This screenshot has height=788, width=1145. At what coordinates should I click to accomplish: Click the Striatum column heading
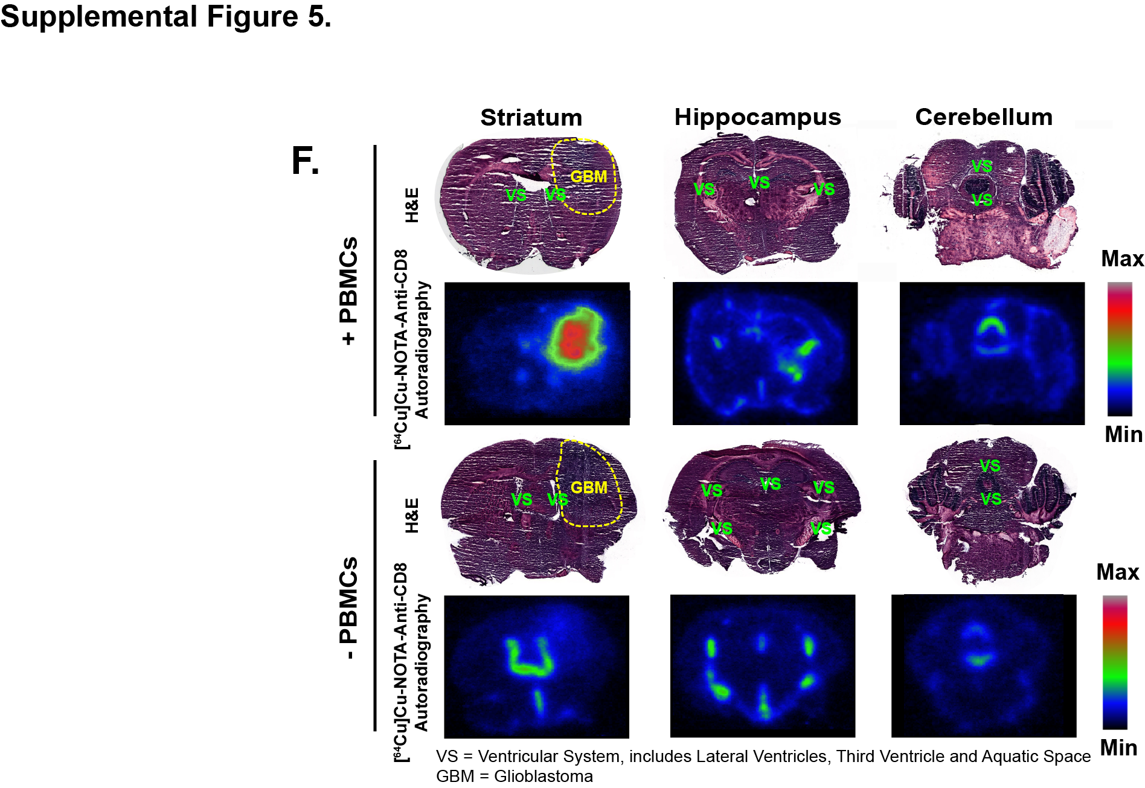tap(531, 118)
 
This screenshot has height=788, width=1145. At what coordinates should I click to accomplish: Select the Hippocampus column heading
tap(757, 118)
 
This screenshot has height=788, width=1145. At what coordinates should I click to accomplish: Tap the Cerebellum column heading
tap(983, 117)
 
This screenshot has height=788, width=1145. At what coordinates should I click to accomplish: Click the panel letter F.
tap(305, 161)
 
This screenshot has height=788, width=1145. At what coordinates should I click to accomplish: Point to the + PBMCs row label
tap(349, 291)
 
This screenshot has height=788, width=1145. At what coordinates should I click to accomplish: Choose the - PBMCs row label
tap(349, 608)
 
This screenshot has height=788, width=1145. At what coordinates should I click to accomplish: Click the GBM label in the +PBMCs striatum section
tap(588, 176)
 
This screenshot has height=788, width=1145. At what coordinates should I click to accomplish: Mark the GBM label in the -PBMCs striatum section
tap(588, 487)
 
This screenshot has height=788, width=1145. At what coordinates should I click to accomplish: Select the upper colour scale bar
tap(1119, 349)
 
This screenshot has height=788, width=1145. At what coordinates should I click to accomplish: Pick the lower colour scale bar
tap(1114, 662)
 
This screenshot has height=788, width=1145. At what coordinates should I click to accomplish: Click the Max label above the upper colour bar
tap(1122, 259)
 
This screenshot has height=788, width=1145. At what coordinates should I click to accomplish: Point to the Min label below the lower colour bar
tap(1118, 748)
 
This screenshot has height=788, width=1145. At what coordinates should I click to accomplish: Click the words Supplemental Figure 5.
tap(165, 16)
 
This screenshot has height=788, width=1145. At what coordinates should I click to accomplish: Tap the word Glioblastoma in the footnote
tap(543, 776)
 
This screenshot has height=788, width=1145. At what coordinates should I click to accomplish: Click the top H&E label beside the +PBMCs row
tap(412, 205)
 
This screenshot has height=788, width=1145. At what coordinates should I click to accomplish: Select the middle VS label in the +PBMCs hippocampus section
tap(759, 182)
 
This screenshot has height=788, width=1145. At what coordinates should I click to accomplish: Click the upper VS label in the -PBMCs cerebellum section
tap(990, 466)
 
